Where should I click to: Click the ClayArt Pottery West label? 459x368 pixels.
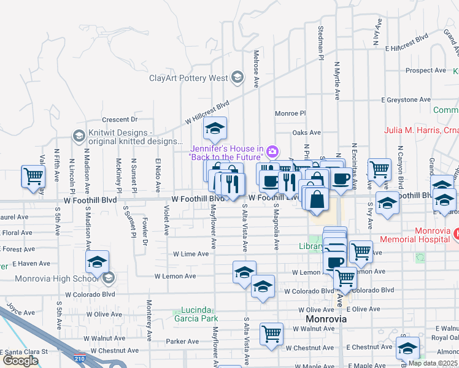(188, 78)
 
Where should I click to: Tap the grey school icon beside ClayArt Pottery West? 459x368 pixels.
(236, 78)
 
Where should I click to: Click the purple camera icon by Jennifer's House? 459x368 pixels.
(273, 151)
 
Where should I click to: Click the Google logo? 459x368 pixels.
(20, 360)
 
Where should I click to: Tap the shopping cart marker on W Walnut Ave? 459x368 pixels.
(271, 334)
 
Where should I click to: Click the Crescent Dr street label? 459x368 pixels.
(120, 120)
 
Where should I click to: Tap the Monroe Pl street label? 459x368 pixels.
(290, 113)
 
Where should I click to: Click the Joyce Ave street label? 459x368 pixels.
(18, 307)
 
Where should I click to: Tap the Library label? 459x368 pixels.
(311, 247)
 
